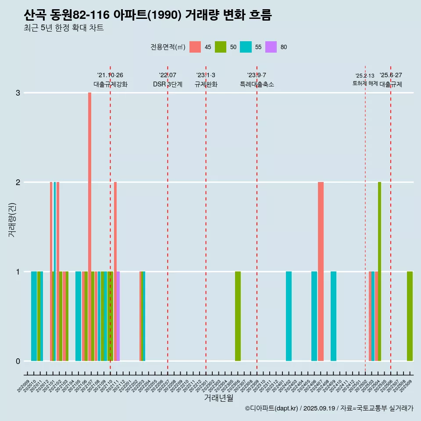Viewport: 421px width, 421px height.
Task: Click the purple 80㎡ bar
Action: pyautogui.click(x=118, y=316)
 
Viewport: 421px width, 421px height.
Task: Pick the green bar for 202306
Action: pyautogui.click(x=238, y=316)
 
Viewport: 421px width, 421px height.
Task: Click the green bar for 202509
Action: pyautogui.click(x=410, y=316)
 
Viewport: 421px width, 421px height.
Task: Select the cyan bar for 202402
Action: pyautogui.click(x=289, y=316)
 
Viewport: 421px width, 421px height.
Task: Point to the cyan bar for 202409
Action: pyautogui.click(x=333, y=316)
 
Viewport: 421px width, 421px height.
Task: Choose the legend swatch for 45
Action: pyautogui.click(x=195, y=47)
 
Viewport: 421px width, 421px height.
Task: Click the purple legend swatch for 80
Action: pyautogui.click(x=271, y=47)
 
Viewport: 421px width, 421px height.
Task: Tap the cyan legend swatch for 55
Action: pyautogui.click(x=246, y=47)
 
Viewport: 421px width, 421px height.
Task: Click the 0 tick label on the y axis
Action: pyautogui.click(x=18, y=361)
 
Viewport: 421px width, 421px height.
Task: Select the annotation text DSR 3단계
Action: pyautogui.click(x=168, y=84)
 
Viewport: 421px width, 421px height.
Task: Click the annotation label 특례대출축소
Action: pyautogui.click(x=257, y=84)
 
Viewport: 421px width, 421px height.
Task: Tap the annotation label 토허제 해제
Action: pyautogui.click(x=365, y=83)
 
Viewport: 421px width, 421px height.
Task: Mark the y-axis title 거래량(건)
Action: pyautogui.click(x=12, y=219)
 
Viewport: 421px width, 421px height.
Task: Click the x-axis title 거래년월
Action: pyautogui.click(x=218, y=398)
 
